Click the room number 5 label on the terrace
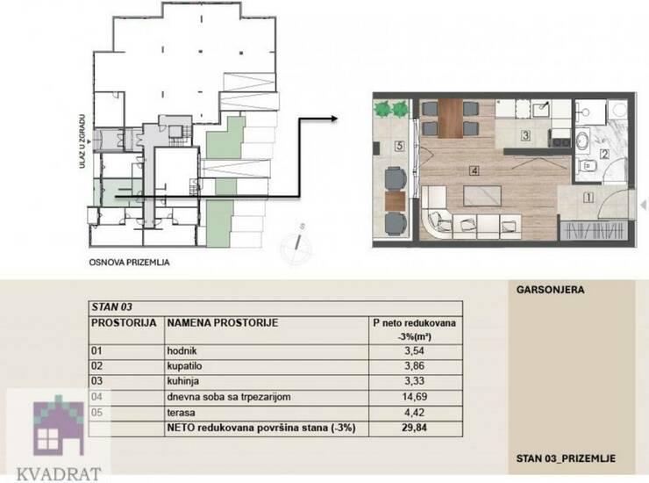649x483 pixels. click(x=399, y=146)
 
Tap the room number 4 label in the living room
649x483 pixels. click(x=474, y=170)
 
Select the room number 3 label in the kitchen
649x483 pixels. click(x=525, y=135)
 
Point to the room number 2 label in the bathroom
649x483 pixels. click(x=604, y=155)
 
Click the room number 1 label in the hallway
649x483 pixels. click(x=588, y=198)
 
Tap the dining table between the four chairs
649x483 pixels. click(x=450, y=119)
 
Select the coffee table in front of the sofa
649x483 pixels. click(x=482, y=196)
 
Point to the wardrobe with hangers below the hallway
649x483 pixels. click(x=594, y=230)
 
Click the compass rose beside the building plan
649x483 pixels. click(x=296, y=245)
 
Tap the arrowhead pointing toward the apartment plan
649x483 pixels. click(x=333, y=119)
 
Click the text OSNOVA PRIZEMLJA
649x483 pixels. click(x=129, y=263)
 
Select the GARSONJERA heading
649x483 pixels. click(x=550, y=290)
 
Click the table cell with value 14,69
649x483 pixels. click(x=415, y=397)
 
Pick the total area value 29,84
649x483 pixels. click(x=415, y=428)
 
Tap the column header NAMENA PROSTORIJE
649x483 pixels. click(x=222, y=322)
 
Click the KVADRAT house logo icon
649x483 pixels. click(x=58, y=425)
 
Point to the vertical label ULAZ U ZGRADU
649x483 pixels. click(x=82, y=141)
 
